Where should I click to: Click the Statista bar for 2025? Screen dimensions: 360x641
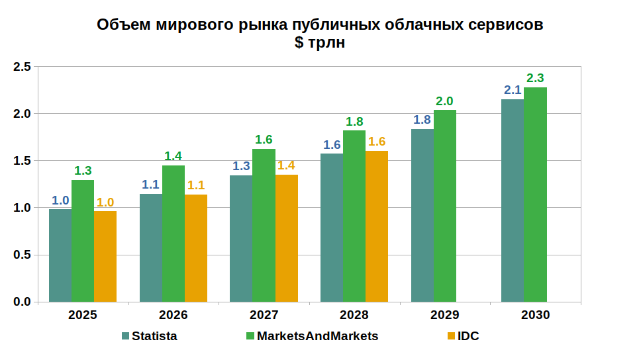60,255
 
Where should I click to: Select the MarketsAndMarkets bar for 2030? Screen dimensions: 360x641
535,195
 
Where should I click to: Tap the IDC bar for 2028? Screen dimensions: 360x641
377,226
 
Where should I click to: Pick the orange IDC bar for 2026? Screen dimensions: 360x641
196,248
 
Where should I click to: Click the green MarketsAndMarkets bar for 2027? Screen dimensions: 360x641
264,225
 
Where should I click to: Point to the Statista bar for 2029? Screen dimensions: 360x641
422,215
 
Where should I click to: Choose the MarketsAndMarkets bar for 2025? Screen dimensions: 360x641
83,241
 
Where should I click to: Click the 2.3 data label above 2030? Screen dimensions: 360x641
535,78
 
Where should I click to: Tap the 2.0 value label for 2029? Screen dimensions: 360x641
444,101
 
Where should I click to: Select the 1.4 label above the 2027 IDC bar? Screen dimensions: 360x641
287,165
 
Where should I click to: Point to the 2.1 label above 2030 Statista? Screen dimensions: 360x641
513,90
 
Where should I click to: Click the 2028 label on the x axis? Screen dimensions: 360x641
354,315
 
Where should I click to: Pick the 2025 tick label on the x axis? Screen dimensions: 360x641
83,315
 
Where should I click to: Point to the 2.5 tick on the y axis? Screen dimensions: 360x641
22,67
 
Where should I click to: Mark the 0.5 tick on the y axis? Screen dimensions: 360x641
22,255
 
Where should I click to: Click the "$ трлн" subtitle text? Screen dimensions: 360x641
320,43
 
